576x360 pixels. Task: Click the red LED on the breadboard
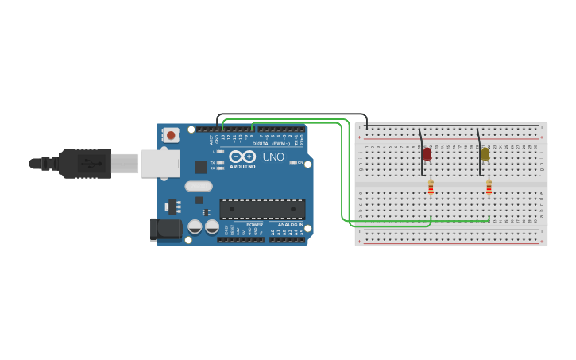tap(427, 153)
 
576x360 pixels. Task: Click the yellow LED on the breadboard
tap(485, 153)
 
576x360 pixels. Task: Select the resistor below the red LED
tap(431, 188)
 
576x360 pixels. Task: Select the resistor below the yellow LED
tap(489, 188)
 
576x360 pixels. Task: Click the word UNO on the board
tap(273, 157)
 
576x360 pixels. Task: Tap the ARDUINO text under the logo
tap(242, 166)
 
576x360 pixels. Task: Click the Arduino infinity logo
tap(242, 156)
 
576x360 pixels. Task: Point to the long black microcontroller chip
tap(262, 208)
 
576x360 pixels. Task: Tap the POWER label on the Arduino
tap(254, 225)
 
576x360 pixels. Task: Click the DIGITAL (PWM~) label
tap(270, 143)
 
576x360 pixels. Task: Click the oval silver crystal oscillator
tap(199, 187)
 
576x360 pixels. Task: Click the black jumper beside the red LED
tap(421, 151)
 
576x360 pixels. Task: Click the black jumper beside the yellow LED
tap(479, 151)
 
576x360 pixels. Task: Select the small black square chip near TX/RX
tap(201, 167)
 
